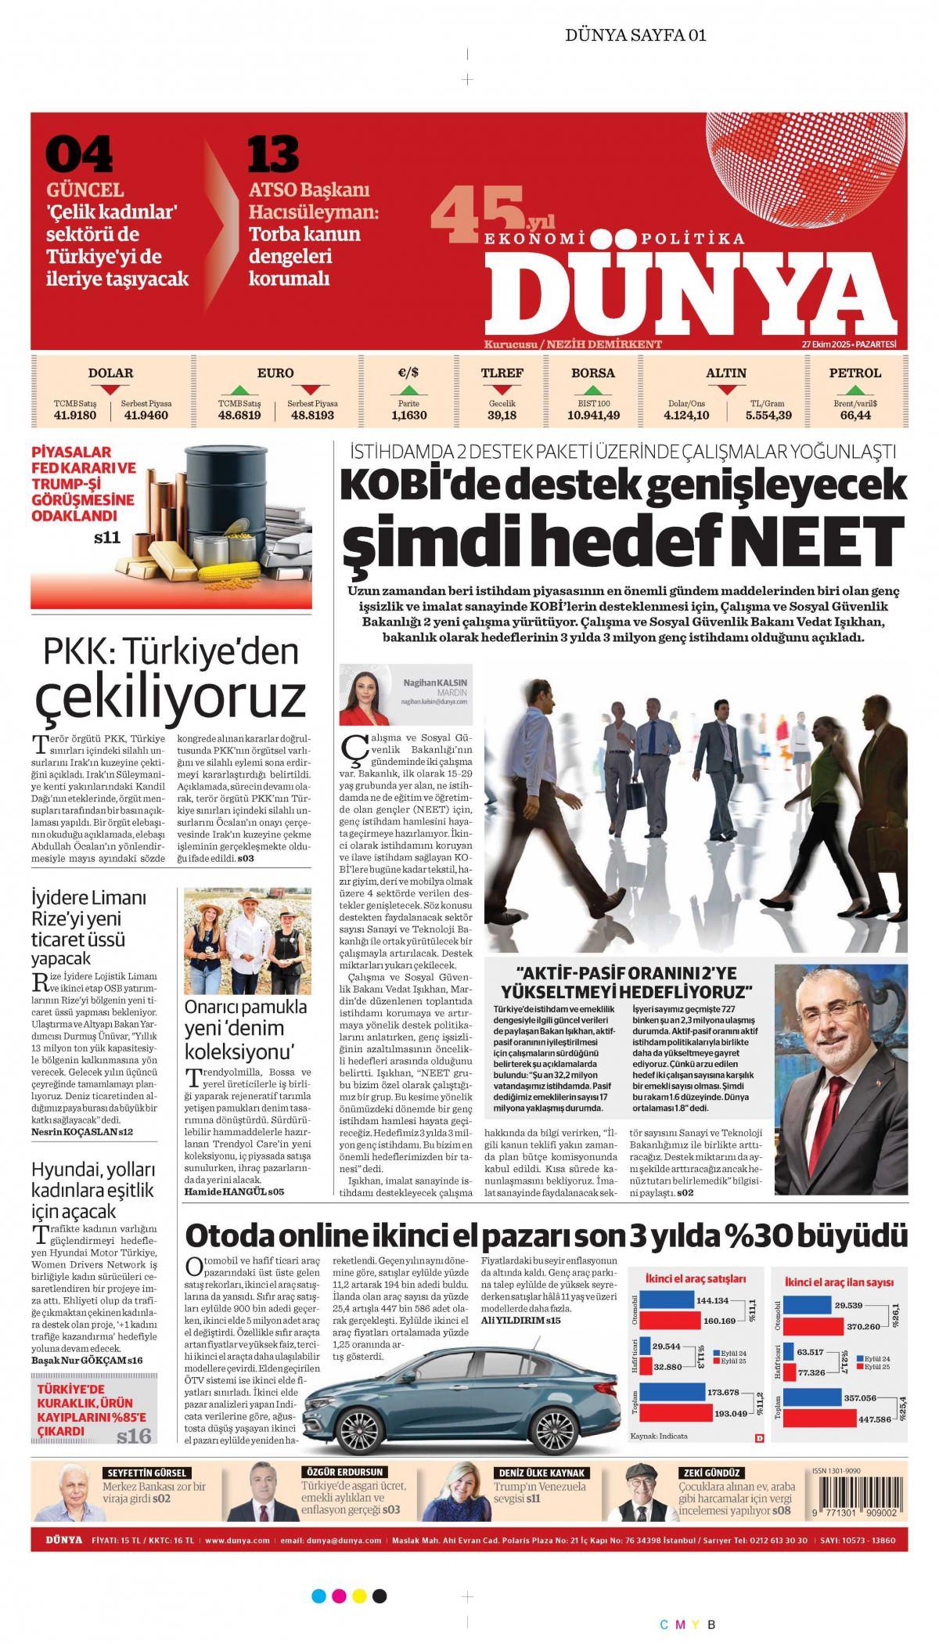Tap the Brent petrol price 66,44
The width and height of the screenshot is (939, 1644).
(x=855, y=415)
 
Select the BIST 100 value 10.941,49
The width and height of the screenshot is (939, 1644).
(x=592, y=415)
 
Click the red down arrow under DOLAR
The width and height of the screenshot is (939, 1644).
(x=110, y=389)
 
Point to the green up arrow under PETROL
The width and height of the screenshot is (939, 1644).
(x=855, y=389)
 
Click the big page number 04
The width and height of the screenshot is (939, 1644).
(x=78, y=155)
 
